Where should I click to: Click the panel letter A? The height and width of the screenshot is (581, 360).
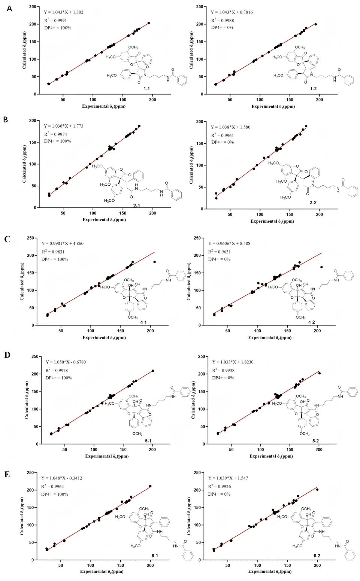click(x=9, y=9)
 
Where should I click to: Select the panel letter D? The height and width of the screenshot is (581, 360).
click(x=7, y=355)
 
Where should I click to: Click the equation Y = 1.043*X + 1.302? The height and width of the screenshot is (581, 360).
click(x=64, y=12)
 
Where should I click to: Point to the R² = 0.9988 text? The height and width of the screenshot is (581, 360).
click(x=223, y=20)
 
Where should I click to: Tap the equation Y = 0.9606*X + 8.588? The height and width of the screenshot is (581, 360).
click(x=229, y=244)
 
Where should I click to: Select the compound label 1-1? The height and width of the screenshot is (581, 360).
click(x=146, y=89)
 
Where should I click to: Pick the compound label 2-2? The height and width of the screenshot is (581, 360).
click(x=313, y=202)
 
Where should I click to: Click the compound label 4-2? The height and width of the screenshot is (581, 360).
click(x=311, y=322)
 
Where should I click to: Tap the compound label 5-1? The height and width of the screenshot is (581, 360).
click(x=148, y=441)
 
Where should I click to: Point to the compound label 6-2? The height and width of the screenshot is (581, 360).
click(x=317, y=556)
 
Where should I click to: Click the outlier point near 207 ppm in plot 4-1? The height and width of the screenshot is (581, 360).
click(x=154, y=262)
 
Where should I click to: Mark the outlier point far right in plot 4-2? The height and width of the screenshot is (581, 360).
click(x=321, y=267)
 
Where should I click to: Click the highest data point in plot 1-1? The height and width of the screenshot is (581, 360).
click(x=149, y=23)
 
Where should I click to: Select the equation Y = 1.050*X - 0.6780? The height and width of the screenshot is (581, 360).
click(x=66, y=362)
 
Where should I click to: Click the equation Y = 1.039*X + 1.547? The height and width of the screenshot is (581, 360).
click(x=228, y=478)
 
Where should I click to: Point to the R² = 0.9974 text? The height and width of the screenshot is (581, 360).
click(x=56, y=134)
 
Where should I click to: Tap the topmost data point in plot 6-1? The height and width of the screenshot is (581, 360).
click(x=150, y=486)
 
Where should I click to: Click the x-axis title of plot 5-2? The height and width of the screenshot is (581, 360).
click(x=271, y=456)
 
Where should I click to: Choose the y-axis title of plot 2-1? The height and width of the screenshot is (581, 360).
click(x=24, y=164)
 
